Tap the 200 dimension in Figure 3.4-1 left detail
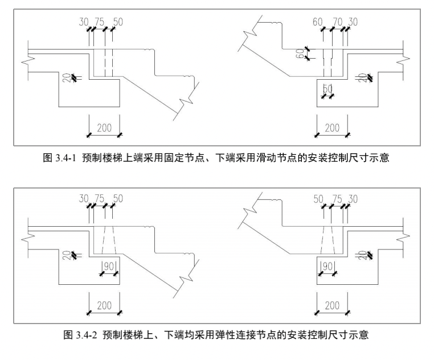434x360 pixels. pos(104,128)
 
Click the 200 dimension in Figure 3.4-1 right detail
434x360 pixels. pos(332,128)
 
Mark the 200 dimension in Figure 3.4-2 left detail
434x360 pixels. pos(104,305)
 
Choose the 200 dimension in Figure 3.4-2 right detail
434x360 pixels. pos(332,305)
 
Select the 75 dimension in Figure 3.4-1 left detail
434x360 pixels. pos(99,22)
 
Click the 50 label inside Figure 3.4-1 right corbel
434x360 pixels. pos(327,89)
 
